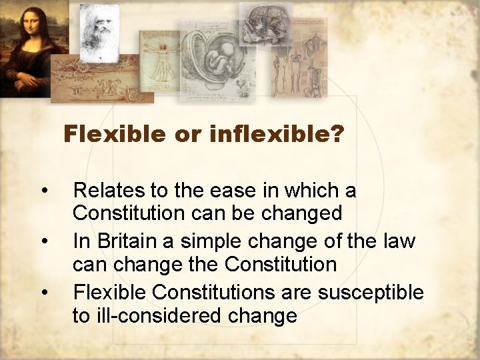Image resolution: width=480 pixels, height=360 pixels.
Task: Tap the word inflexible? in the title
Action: pos(276,135)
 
